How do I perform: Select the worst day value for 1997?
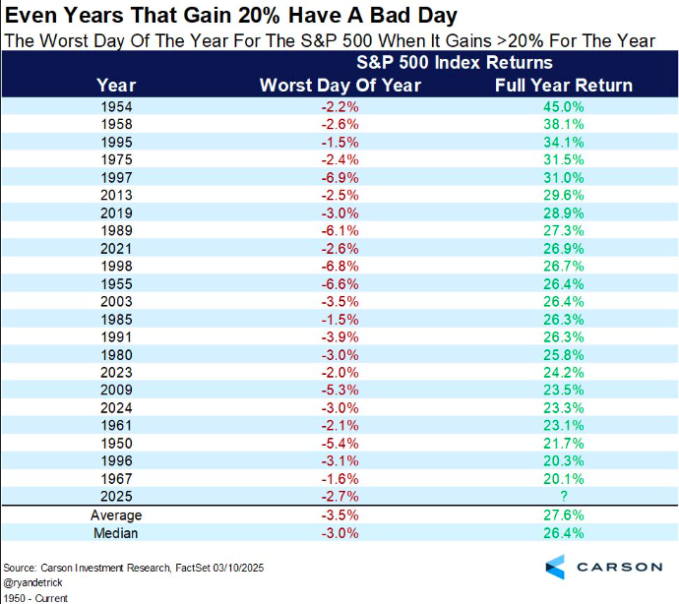tap(339, 178)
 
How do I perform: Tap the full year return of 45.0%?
tap(563, 105)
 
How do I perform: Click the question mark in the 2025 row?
tap(563, 497)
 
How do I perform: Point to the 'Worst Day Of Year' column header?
tap(339, 85)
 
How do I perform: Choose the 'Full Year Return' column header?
tap(563, 85)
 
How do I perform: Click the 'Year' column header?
tap(118, 85)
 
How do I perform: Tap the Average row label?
tap(117, 515)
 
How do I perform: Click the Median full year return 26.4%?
tap(563, 534)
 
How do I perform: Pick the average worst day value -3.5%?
tap(339, 515)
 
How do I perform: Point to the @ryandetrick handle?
tap(33, 582)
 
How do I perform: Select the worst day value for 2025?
tap(339, 497)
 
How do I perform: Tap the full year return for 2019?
tap(563, 213)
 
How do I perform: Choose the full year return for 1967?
tap(563, 479)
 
